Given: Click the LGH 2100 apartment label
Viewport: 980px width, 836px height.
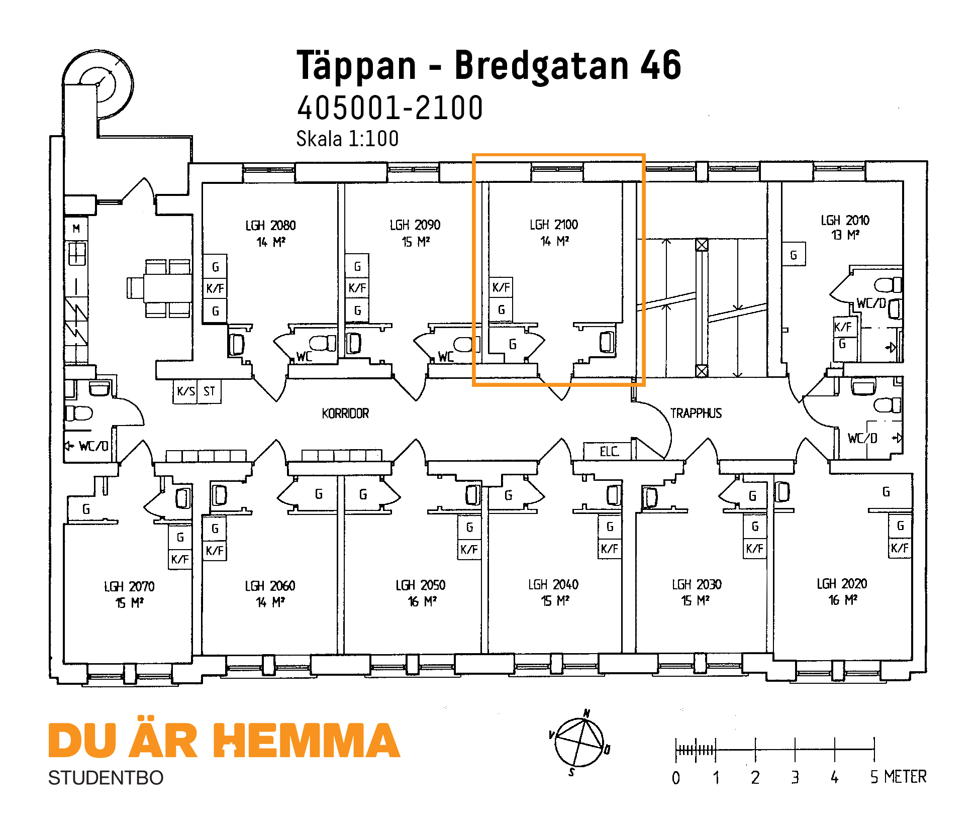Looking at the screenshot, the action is (x=554, y=225).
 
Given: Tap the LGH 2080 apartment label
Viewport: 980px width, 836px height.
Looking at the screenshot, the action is (x=270, y=226).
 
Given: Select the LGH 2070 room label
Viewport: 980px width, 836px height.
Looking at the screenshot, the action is (x=129, y=586).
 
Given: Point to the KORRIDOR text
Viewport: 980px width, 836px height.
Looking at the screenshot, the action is (x=345, y=413).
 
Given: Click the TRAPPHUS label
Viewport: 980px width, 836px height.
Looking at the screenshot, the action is (x=696, y=413).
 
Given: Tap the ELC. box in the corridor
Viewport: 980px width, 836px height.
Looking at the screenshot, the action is (x=607, y=451).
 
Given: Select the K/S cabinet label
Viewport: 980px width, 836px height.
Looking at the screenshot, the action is (x=186, y=391).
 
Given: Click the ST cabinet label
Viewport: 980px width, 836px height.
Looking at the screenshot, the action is (x=209, y=391).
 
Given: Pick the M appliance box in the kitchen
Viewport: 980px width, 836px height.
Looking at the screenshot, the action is (x=76, y=229).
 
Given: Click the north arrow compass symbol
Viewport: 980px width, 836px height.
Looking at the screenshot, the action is (x=579, y=742).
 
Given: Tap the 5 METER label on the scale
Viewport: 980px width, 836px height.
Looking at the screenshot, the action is (x=898, y=777).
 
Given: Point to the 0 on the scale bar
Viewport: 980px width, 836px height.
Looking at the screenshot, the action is (x=676, y=778).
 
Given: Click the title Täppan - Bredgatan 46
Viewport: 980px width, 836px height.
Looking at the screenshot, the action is (x=488, y=65).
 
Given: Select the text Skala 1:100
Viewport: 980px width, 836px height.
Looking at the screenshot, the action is (x=347, y=139).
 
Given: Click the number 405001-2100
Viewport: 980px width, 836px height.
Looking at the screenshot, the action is (x=390, y=108).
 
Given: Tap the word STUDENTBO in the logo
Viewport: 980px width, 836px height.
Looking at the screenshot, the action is (x=106, y=778).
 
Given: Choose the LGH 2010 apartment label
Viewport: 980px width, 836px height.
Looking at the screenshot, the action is (x=845, y=220).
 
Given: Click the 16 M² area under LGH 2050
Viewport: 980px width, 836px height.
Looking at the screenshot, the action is (x=422, y=601).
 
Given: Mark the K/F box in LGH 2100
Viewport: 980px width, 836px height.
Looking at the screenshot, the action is (x=501, y=288).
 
